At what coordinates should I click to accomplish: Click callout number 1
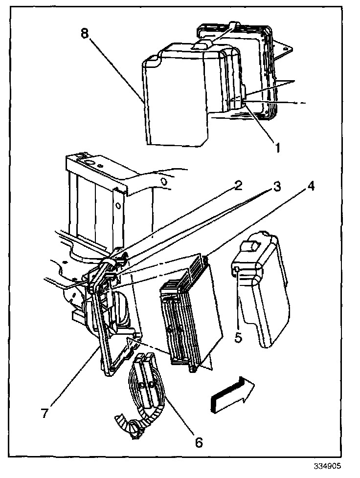277,146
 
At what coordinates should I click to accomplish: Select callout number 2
238,186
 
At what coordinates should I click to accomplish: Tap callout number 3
277,187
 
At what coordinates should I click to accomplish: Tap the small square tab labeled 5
236,269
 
